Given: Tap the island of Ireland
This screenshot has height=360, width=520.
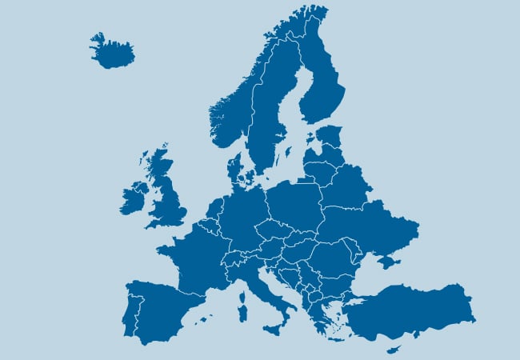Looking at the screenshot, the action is [134, 198].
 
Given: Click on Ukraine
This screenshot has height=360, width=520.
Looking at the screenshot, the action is [368, 232].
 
